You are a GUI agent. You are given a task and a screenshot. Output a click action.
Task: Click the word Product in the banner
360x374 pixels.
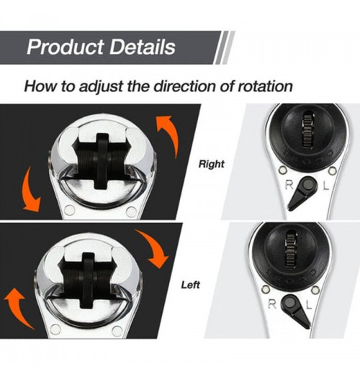(66, 47)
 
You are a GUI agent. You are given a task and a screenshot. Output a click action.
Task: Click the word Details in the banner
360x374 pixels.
(143, 47)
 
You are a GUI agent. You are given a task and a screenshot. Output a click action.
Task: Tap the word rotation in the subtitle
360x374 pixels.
(265, 86)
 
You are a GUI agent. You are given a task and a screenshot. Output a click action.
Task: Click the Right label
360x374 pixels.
(212, 164)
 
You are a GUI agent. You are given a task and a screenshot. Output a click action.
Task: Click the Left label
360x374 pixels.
(190, 285)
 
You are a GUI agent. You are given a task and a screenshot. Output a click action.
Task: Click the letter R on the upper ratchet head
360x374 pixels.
(289, 185)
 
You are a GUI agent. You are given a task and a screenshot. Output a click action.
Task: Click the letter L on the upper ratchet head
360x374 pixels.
(325, 186)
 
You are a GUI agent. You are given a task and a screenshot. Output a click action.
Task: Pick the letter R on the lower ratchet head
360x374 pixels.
(272, 304)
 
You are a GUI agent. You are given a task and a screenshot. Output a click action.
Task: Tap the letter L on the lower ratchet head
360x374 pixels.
(308, 304)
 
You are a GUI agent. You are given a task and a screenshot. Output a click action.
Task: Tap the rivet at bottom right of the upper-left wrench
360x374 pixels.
(131, 211)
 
